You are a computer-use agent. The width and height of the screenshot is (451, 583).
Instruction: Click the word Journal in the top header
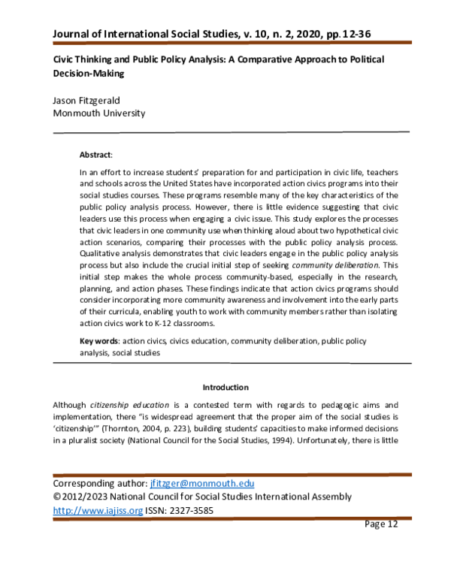(74, 34)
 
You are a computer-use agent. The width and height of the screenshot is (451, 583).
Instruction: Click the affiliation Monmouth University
(98, 113)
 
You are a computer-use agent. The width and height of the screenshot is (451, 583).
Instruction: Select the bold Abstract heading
(95, 155)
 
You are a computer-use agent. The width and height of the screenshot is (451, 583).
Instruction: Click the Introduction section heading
(225, 387)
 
